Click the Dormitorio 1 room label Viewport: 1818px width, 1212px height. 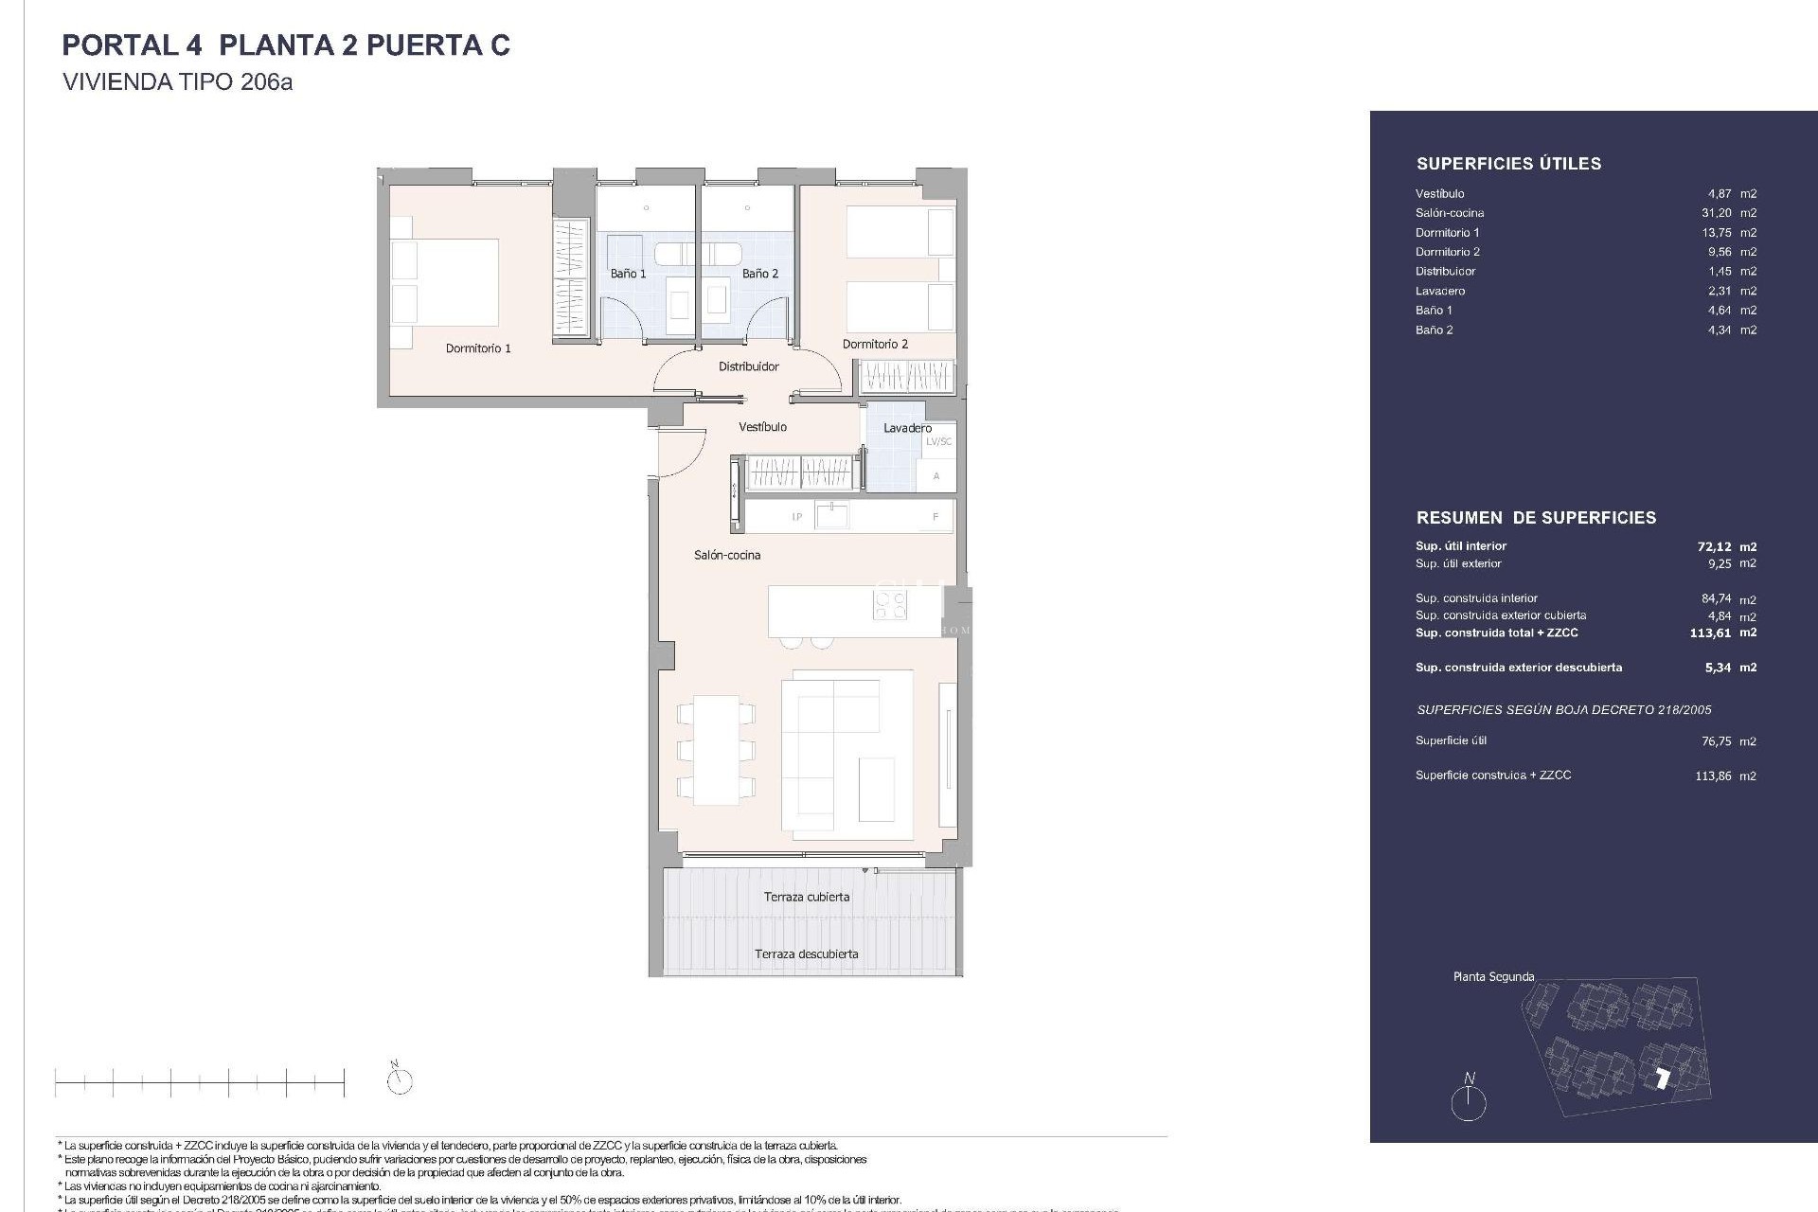click(478, 348)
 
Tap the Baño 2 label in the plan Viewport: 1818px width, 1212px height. click(760, 274)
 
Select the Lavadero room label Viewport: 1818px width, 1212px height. click(907, 428)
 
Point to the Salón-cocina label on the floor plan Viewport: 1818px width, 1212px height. click(727, 555)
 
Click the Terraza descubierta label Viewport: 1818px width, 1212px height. click(807, 954)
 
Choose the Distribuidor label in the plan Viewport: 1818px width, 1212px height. click(748, 366)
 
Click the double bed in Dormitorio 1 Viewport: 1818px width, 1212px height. click(445, 282)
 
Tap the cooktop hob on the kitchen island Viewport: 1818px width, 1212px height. click(889, 604)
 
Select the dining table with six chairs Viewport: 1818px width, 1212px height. click(716, 750)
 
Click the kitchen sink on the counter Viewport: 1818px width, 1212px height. click(832, 516)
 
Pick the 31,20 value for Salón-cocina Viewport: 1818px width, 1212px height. click(1716, 213)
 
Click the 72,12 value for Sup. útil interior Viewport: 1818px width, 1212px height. click(1713, 546)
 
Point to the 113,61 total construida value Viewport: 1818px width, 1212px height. click(1711, 633)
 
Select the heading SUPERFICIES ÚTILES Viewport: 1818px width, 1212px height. click(1508, 164)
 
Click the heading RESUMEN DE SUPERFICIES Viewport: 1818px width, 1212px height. click(1536, 518)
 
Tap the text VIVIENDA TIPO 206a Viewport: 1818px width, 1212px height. click(177, 82)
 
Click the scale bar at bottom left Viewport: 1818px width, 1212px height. click(199, 1080)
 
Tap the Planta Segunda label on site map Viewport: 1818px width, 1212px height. click(1493, 976)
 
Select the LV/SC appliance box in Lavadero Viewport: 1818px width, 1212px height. click(938, 441)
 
